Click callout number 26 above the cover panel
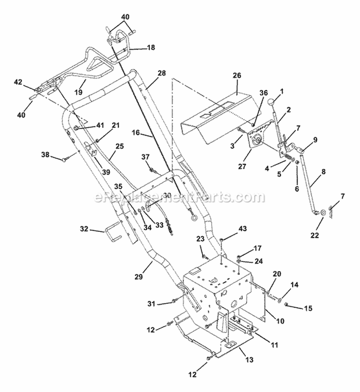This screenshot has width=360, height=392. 237,75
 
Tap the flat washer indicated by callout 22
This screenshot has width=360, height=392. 323,213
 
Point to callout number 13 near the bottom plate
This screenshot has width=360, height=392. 250,359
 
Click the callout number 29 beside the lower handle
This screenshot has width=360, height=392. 138,276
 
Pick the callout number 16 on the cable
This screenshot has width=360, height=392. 136,132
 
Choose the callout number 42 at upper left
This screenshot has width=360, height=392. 18,82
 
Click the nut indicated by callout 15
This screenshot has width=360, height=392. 287,304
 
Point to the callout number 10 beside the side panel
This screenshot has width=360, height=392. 280,321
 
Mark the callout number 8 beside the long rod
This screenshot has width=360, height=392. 324,172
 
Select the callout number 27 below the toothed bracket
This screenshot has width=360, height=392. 242,166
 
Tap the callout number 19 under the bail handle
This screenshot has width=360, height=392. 79,92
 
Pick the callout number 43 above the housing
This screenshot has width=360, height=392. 242,228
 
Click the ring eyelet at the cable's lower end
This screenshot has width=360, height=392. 193,218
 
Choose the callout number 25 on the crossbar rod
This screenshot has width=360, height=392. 120,146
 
